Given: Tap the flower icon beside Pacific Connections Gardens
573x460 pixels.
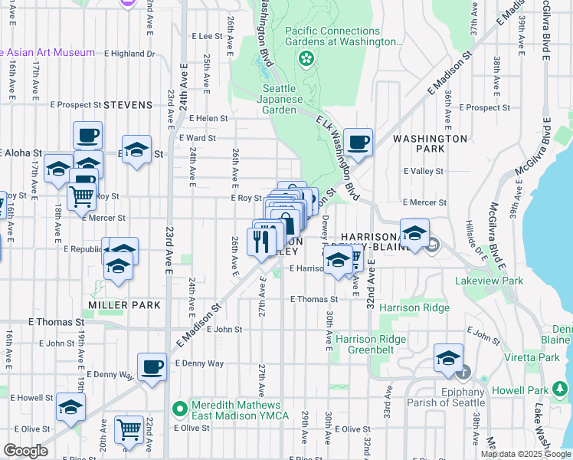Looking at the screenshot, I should coord(306,58).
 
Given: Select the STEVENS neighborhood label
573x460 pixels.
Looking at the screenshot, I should coord(128,104).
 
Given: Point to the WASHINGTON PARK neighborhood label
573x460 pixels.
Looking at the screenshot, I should coord(430,143).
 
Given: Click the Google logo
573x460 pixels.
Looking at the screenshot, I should coord(25,451).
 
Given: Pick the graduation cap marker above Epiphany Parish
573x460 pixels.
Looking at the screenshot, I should coord(448,357).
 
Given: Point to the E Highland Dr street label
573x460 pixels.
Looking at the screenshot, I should coord(129,54).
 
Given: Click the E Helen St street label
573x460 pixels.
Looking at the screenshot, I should coord(203,118).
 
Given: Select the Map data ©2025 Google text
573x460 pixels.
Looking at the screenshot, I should coord(525,454).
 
